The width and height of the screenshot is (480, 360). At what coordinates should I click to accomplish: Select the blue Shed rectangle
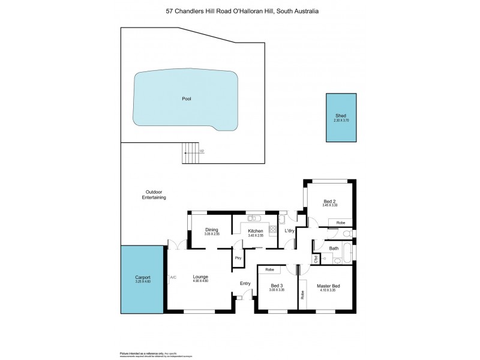[341, 118]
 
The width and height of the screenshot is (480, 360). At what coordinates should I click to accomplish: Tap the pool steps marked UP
[191, 152]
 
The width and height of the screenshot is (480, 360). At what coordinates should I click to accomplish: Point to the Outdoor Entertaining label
[154, 195]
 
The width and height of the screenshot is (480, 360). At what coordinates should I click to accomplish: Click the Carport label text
[142, 278]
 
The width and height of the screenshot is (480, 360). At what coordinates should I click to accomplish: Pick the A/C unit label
[173, 277]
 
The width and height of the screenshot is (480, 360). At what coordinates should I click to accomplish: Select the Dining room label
[211, 230]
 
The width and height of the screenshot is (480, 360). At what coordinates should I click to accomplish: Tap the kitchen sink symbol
[253, 218]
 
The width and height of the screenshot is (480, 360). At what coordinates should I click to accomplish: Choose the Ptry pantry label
[238, 258]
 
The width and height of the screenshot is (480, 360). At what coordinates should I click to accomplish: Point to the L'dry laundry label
[289, 231]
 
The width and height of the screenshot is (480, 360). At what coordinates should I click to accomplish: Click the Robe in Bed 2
[340, 222]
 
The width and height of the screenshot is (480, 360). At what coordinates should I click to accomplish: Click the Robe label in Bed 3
[269, 269]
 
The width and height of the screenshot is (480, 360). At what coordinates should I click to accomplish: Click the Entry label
[245, 283]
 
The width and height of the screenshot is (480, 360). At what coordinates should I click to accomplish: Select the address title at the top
[242, 11]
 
